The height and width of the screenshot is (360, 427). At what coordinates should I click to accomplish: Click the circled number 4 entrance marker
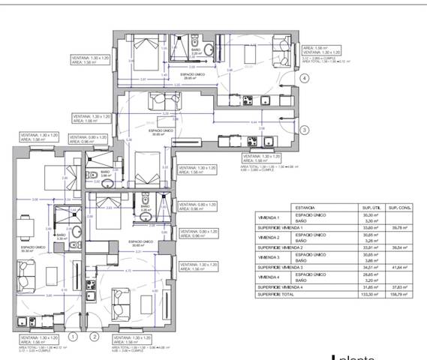[305, 77]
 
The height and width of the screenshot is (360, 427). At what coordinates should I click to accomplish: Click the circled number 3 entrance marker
[305, 130]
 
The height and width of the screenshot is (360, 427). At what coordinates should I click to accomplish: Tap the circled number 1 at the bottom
[73, 337]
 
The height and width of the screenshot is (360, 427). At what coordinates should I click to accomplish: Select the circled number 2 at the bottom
[94, 337]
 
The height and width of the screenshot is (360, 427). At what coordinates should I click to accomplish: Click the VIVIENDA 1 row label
[268, 217]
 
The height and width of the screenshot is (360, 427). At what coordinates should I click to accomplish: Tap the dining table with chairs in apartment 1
[25, 224]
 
